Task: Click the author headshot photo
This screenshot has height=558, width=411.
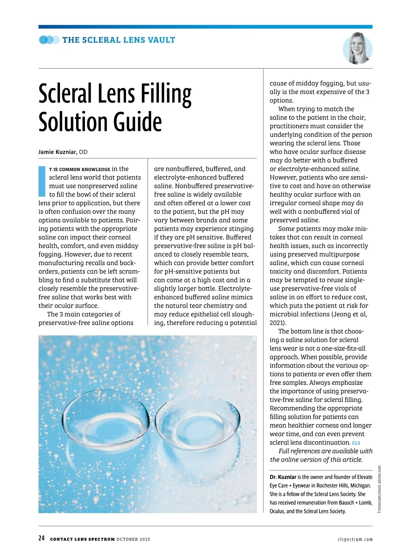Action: pyautogui.click(x=358, y=49)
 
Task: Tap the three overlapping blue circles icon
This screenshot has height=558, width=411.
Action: pyautogui.click(x=49, y=40)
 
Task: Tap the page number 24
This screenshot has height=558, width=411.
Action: pyautogui.click(x=41, y=538)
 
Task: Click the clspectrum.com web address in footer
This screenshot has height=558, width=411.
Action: pyautogui.click(x=355, y=540)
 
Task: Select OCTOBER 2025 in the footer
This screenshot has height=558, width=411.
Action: pyautogui.click(x=133, y=540)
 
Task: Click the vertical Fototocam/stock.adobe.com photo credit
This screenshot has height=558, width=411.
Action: pyautogui.click(x=379, y=489)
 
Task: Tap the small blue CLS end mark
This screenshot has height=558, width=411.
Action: pyautogui.click(x=356, y=443)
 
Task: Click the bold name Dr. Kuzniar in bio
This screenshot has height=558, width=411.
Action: pyautogui.click(x=283, y=477)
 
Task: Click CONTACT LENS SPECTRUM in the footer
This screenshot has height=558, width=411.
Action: pyautogui.click(x=82, y=540)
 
